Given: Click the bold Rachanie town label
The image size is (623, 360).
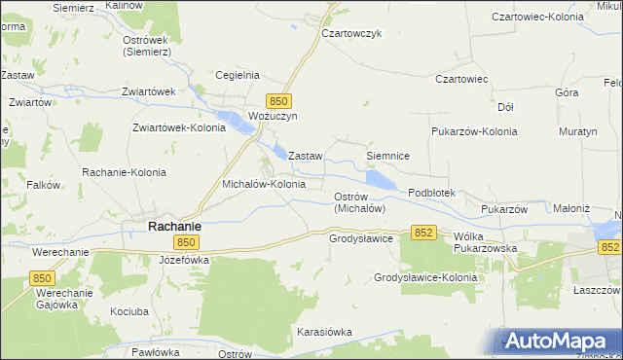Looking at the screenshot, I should click(174, 226).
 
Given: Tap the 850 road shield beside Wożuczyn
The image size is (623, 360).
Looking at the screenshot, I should click(279, 100).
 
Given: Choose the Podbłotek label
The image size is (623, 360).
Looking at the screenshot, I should click(431, 194).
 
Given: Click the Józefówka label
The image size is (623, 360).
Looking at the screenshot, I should click(184, 261).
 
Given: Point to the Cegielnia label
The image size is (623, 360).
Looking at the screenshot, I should click(237, 75).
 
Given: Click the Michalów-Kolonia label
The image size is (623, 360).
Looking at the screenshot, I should click(264, 183).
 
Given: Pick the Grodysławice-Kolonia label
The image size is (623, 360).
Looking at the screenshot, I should click(425, 277).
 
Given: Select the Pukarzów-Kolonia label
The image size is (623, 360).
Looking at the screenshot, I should click(473, 130).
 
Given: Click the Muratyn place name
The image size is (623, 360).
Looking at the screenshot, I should click(579, 130).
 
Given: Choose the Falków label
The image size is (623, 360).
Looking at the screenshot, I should click(44, 185).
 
